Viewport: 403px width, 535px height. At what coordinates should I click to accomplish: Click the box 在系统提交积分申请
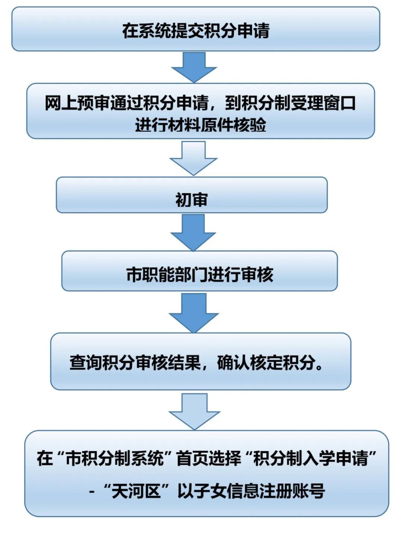pos(196,29)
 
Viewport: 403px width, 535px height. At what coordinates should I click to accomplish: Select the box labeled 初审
pos(192,195)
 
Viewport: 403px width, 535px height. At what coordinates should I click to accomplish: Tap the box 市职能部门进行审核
pos(199,271)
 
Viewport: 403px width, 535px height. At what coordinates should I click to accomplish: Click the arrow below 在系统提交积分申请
pos(194,67)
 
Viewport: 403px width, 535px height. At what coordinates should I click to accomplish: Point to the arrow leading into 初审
pos(194,158)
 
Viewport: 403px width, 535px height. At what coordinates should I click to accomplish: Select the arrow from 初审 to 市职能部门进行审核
pos(193,232)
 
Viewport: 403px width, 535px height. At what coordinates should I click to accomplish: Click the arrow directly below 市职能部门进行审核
pos(194,313)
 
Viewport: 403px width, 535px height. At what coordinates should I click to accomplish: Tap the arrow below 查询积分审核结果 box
pos(194,411)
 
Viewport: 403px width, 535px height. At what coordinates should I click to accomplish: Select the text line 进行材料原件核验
pos(200,125)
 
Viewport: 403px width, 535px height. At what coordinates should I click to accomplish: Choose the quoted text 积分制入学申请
pos(310,458)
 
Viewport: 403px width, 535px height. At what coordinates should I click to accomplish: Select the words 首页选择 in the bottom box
pos(209,458)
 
